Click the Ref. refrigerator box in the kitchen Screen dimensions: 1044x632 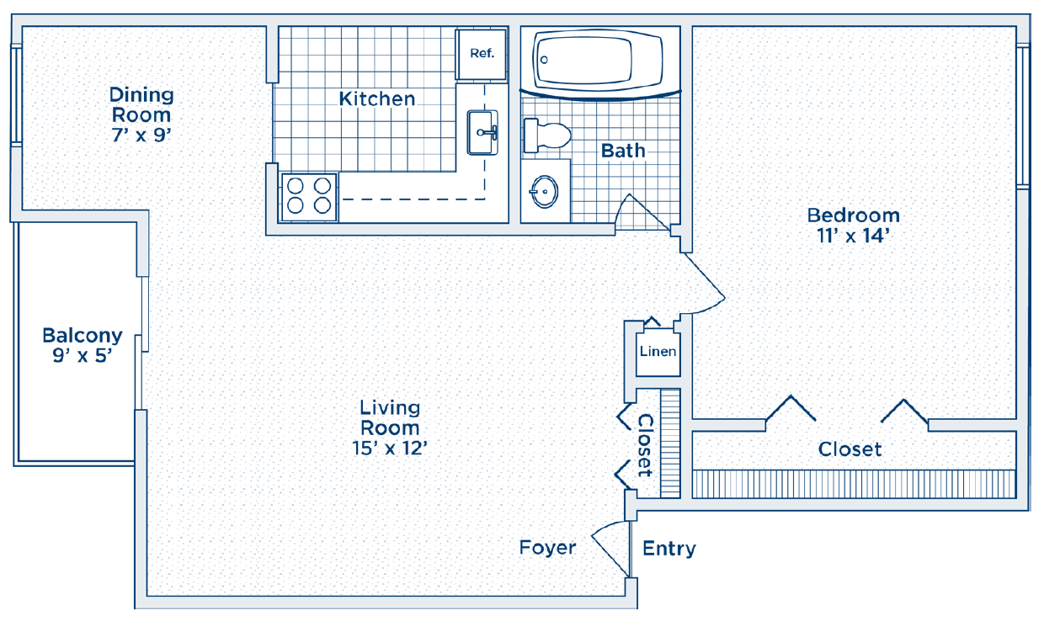click(482, 55)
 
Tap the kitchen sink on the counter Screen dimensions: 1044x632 click(482, 132)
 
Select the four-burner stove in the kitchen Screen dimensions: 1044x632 click(309, 197)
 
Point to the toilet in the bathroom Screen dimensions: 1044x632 click(547, 135)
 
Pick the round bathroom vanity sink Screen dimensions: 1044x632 click(545, 191)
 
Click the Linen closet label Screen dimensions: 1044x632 click(658, 351)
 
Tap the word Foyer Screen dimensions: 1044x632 click(547, 548)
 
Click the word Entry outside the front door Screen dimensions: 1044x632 click(669, 549)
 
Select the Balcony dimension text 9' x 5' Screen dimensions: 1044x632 click(82, 355)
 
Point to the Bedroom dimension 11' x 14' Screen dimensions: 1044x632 click(853, 236)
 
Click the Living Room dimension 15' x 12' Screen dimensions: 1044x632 click(390, 448)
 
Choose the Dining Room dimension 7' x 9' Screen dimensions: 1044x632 click(141, 135)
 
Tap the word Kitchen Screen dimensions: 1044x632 click(376, 98)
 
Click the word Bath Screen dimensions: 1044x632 click(623, 151)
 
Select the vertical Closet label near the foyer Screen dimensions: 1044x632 click(645, 445)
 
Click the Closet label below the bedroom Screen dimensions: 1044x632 click(850, 449)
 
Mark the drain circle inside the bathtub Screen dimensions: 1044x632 click(544, 60)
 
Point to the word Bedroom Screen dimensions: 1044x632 click(854, 215)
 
